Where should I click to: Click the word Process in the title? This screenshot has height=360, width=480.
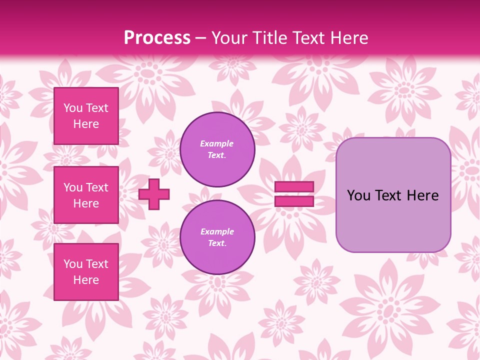coord(157,38)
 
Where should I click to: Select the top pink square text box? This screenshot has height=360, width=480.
coord(86,116)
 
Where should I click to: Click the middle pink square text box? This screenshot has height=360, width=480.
coord(86,195)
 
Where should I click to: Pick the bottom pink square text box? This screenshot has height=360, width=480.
coord(86,272)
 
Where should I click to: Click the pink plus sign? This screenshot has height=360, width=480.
coord(154,194)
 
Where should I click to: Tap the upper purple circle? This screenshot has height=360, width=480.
coord(217,149)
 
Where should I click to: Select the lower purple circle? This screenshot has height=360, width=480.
coord(217,237)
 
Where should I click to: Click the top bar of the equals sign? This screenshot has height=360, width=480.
coord(294,186)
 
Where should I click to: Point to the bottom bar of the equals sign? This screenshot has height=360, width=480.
coord(294,201)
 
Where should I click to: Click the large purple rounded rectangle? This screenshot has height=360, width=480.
coord(393,195)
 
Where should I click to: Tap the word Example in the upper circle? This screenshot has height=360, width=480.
coord(217,143)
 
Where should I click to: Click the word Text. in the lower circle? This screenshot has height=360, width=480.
coord(217,243)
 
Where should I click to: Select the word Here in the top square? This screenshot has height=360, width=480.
coord(86,124)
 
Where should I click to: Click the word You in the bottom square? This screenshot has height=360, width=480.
coord(73,264)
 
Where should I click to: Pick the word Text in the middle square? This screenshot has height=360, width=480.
coord(96,187)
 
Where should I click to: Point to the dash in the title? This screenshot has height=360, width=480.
coord(200,38)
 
